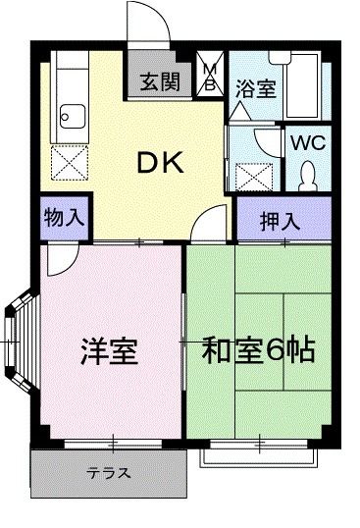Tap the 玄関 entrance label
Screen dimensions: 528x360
pyautogui.click(x=158, y=81)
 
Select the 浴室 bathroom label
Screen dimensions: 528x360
pyautogui.click(x=255, y=87)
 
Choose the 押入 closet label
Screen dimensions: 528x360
pyautogui.click(x=280, y=221)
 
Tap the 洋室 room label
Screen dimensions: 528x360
pyautogui.click(x=109, y=350)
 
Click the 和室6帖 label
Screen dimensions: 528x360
pyautogui.click(x=259, y=349)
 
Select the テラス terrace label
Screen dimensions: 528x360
pyautogui.click(x=109, y=473)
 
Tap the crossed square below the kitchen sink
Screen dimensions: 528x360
pyautogui.click(x=71, y=161)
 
